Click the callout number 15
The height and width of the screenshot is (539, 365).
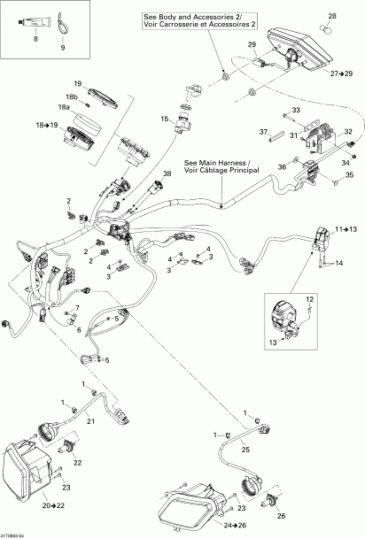(164, 118)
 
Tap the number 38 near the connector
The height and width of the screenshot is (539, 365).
(167, 174)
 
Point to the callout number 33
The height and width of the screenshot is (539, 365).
(296, 110)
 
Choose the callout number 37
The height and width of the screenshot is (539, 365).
(263, 133)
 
